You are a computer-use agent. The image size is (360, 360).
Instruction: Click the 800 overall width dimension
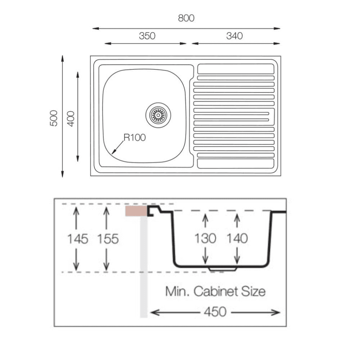186,18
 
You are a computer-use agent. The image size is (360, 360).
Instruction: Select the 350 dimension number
147,36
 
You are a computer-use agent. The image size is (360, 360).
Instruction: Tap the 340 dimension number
234,36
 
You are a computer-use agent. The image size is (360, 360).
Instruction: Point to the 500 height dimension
54,118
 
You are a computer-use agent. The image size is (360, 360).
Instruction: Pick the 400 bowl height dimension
71,119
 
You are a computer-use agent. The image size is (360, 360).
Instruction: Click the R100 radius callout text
135,138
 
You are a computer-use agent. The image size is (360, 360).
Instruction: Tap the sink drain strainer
158,115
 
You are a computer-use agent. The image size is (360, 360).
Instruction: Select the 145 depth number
78,239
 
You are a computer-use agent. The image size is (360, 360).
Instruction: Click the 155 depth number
108,239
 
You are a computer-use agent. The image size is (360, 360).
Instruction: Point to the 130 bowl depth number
205,238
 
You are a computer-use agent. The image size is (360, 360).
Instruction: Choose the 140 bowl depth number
237,238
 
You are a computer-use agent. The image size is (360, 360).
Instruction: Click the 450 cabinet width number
215,312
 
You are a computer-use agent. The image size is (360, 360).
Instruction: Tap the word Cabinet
216,291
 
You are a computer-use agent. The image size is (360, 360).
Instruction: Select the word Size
253,291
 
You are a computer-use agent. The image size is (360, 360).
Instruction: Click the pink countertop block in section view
136,211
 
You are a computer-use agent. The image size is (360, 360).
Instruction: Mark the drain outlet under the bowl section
222,269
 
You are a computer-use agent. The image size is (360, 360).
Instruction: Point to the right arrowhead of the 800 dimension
277,28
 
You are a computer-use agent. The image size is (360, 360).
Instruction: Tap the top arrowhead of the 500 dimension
62,59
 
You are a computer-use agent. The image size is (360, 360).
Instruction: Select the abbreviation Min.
177,291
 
